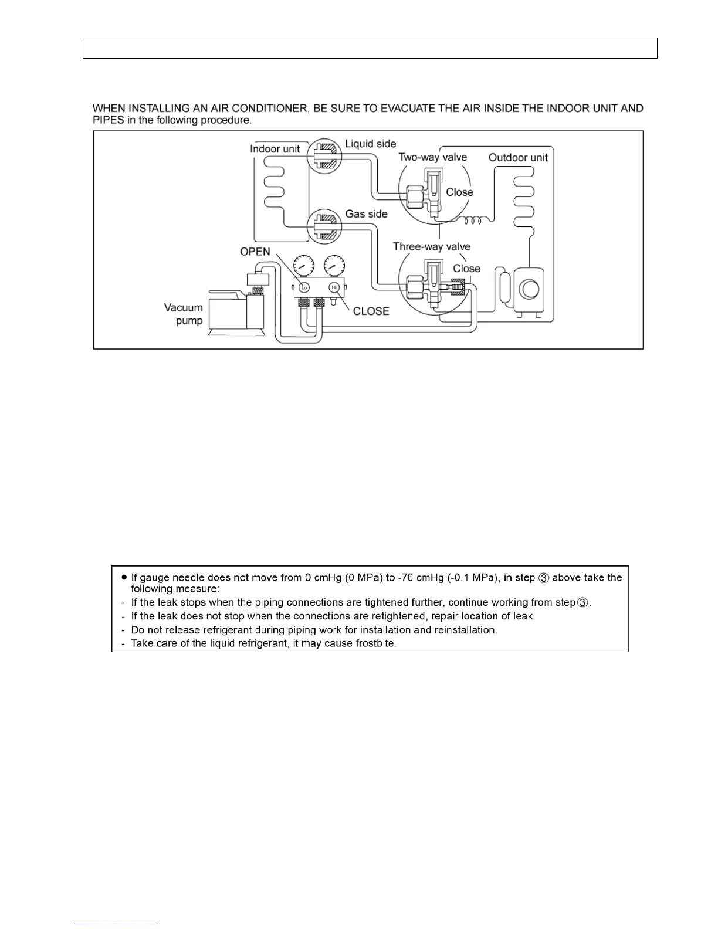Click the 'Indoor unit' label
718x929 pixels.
coord(275,149)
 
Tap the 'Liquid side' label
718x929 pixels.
coord(370,144)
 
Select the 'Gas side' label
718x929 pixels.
coord(366,214)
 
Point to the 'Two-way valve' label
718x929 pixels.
coord(432,157)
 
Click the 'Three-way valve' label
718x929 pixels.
coord(431,247)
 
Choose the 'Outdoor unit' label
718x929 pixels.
coord(518,158)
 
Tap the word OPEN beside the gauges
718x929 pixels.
coord(255,252)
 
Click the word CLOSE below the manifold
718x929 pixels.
coord(371,311)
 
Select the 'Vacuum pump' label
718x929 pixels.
coord(184,314)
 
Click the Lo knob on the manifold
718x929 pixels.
coord(304,287)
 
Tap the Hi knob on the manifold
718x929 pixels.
coord(334,287)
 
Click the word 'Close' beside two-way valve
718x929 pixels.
coord(459,192)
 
